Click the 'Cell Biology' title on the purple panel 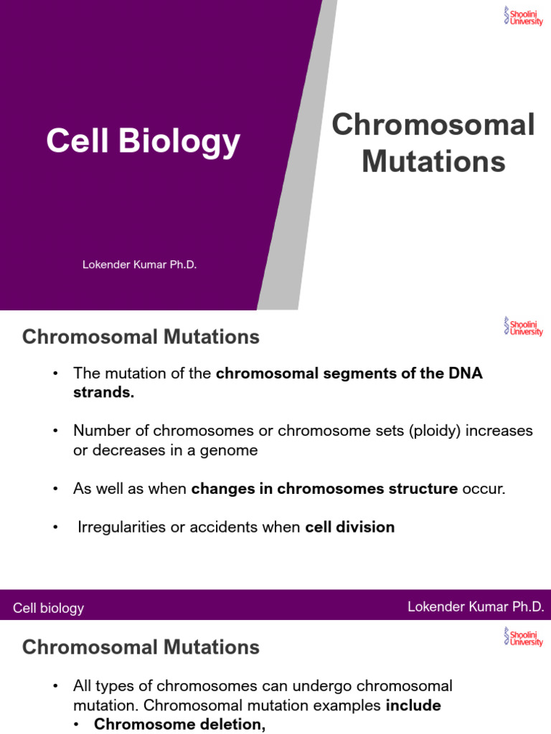click(x=143, y=141)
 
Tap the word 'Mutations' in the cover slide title click(x=433, y=161)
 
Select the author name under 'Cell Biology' click(x=139, y=264)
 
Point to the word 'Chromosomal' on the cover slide click(x=433, y=125)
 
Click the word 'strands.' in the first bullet click(x=103, y=393)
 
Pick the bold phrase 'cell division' click(x=350, y=528)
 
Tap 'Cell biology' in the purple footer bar click(x=49, y=609)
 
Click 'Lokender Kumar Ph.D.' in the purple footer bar click(x=476, y=607)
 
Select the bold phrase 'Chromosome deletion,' click(x=180, y=725)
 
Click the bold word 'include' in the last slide click(x=413, y=705)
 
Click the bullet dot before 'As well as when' click(x=55, y=489)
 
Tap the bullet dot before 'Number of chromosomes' click(x=55, y=431)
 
